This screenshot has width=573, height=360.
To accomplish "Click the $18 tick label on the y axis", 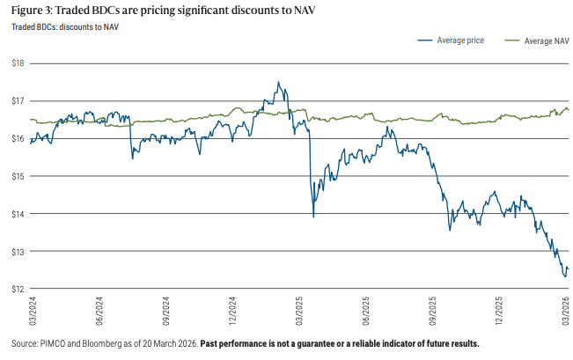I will tap(16, 63).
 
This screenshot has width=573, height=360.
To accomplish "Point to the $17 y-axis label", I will tap(16, 101).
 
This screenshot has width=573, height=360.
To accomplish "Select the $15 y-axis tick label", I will tap(16, 176).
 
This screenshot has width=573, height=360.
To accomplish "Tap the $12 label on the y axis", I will tap(16, 289).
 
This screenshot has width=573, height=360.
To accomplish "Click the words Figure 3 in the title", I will tap(30, 11).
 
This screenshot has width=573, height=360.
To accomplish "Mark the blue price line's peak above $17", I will tap(278, 83).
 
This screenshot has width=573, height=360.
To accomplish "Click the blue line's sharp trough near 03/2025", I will tap(313, 216).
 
